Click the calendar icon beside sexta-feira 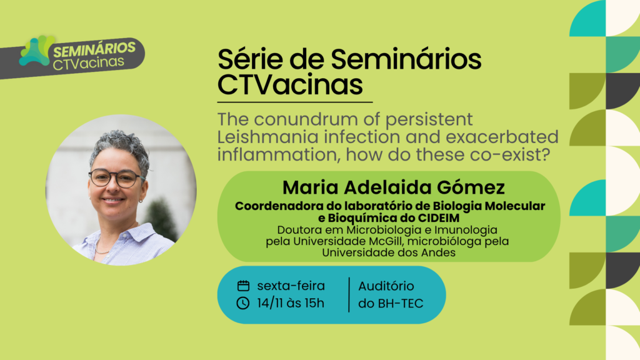click(x=243, y=286)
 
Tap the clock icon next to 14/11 click(x=243, y=303)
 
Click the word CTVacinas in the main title click(x=290, y=84)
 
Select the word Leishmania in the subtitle click(x=267, y=137)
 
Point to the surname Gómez click(x=471, y=187)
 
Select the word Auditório click(x=386, y=286)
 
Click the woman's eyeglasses click(x=116, y=178)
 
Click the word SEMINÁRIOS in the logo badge click(x=94, y=49)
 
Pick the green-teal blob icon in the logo click(x=37, y=51)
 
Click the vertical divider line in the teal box click(x=349, y=295)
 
